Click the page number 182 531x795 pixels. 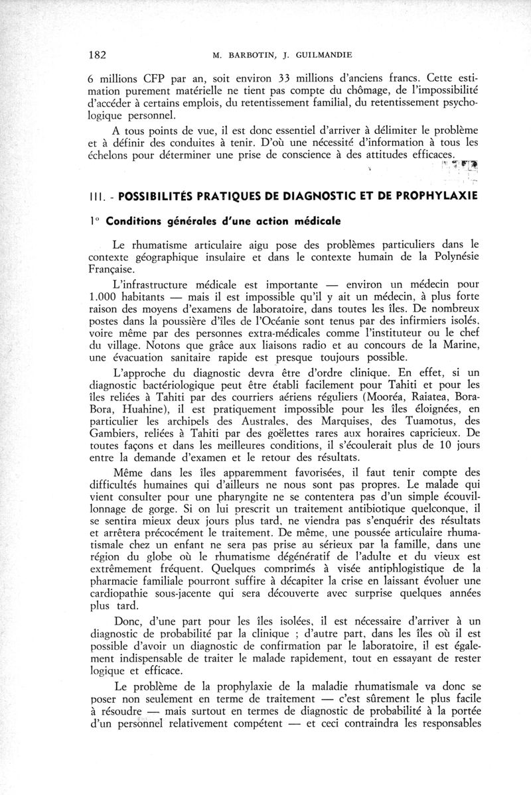(98, 54)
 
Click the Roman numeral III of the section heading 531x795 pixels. (94, 197)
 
